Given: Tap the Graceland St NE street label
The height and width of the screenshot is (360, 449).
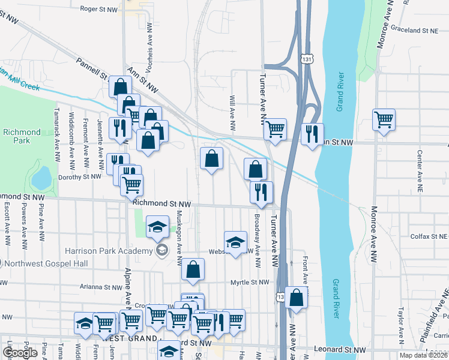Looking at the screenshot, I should tap(415, 29).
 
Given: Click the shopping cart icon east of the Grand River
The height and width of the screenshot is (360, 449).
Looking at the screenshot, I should tap(383, 119).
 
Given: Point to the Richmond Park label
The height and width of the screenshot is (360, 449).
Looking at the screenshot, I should tap(22, 136).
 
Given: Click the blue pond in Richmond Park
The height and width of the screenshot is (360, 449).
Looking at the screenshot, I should tap(41, 176).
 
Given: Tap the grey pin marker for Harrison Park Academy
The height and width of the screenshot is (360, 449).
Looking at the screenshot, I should tap(161, 250).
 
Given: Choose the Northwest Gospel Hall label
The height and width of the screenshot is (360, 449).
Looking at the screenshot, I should tap(41, 263).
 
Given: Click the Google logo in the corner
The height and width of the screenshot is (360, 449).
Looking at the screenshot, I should tap(20, 353).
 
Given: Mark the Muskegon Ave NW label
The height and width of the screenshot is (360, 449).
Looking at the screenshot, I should tap(179, 240).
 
